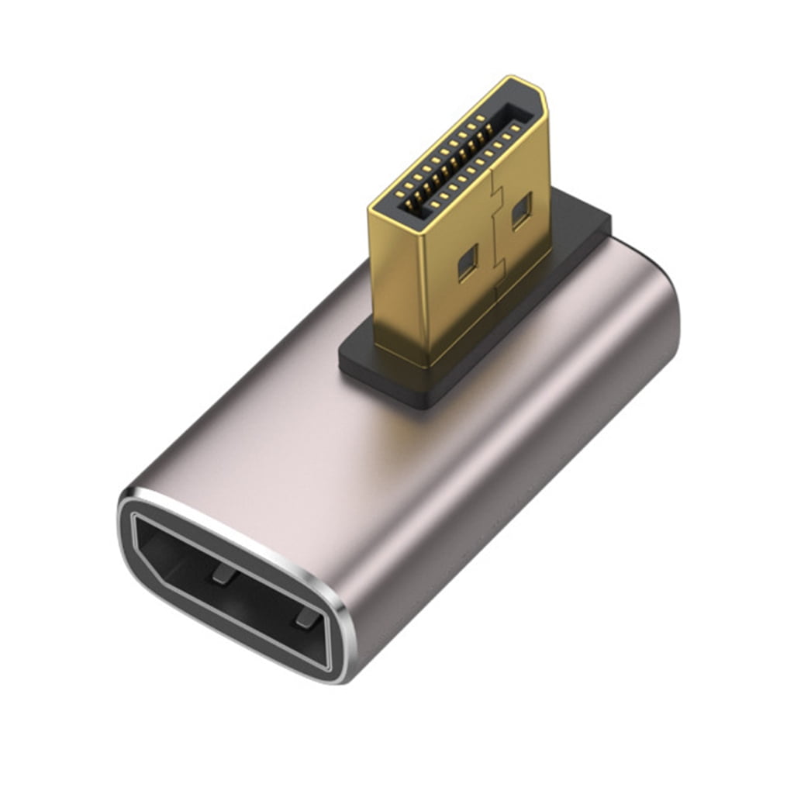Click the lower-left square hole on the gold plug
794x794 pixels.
point(468,265)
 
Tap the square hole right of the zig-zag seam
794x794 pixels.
point(521,210)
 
